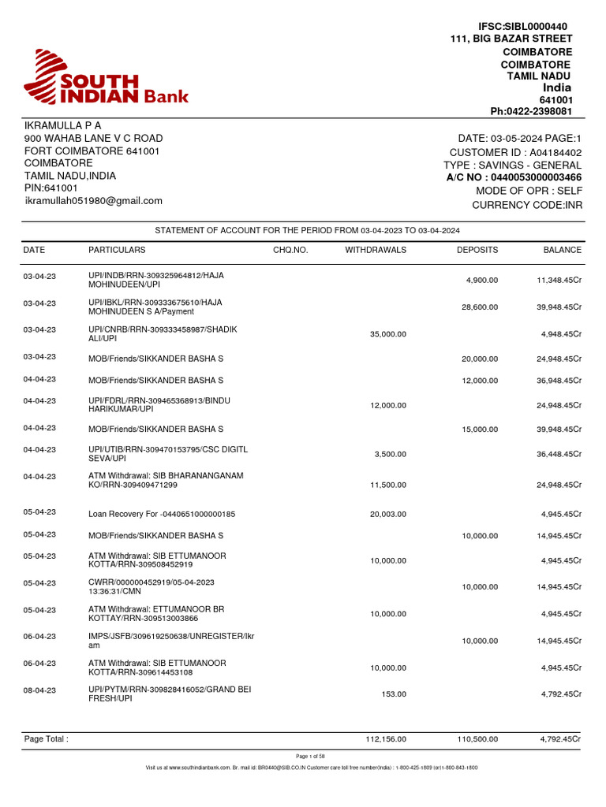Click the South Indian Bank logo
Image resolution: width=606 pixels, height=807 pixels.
[106, 80]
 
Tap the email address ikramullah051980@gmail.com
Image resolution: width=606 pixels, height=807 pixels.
[93, 201]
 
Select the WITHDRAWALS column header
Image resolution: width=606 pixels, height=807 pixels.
[376, 250]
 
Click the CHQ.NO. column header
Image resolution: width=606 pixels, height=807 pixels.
[290, 250]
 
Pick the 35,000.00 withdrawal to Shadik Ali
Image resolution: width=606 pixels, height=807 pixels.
[387, 334]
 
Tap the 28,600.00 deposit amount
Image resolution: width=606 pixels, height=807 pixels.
[479, 307]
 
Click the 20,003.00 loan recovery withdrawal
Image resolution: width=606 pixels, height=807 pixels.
[387, 514]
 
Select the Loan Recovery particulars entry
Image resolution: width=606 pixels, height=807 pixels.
[162, 514]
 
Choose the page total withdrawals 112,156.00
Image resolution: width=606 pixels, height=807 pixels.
[386, 739]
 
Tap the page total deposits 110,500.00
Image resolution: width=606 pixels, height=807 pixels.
[477, 739]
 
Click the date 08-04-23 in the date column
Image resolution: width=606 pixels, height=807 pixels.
[39, 690]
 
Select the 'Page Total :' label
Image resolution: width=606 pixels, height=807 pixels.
[47, 739]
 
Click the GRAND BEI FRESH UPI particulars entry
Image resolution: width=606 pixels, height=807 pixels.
[169, 694]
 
